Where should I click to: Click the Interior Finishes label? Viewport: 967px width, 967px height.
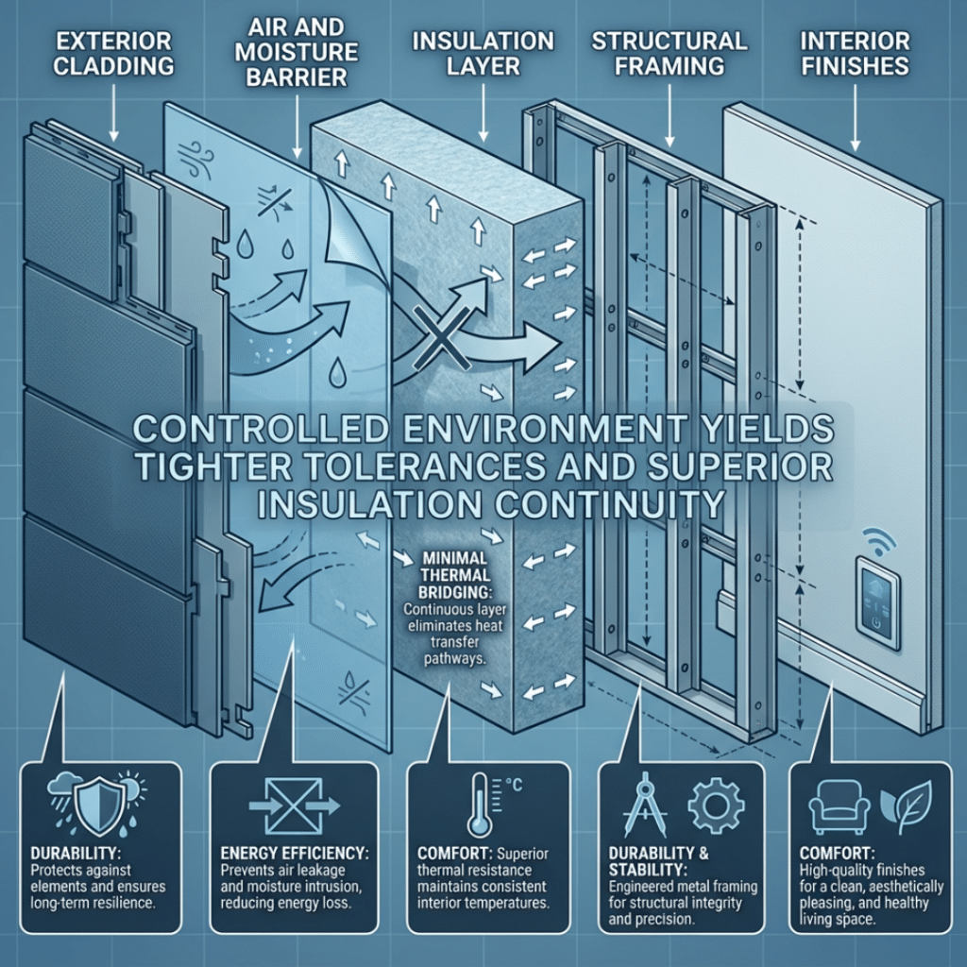tap(854, 55)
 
